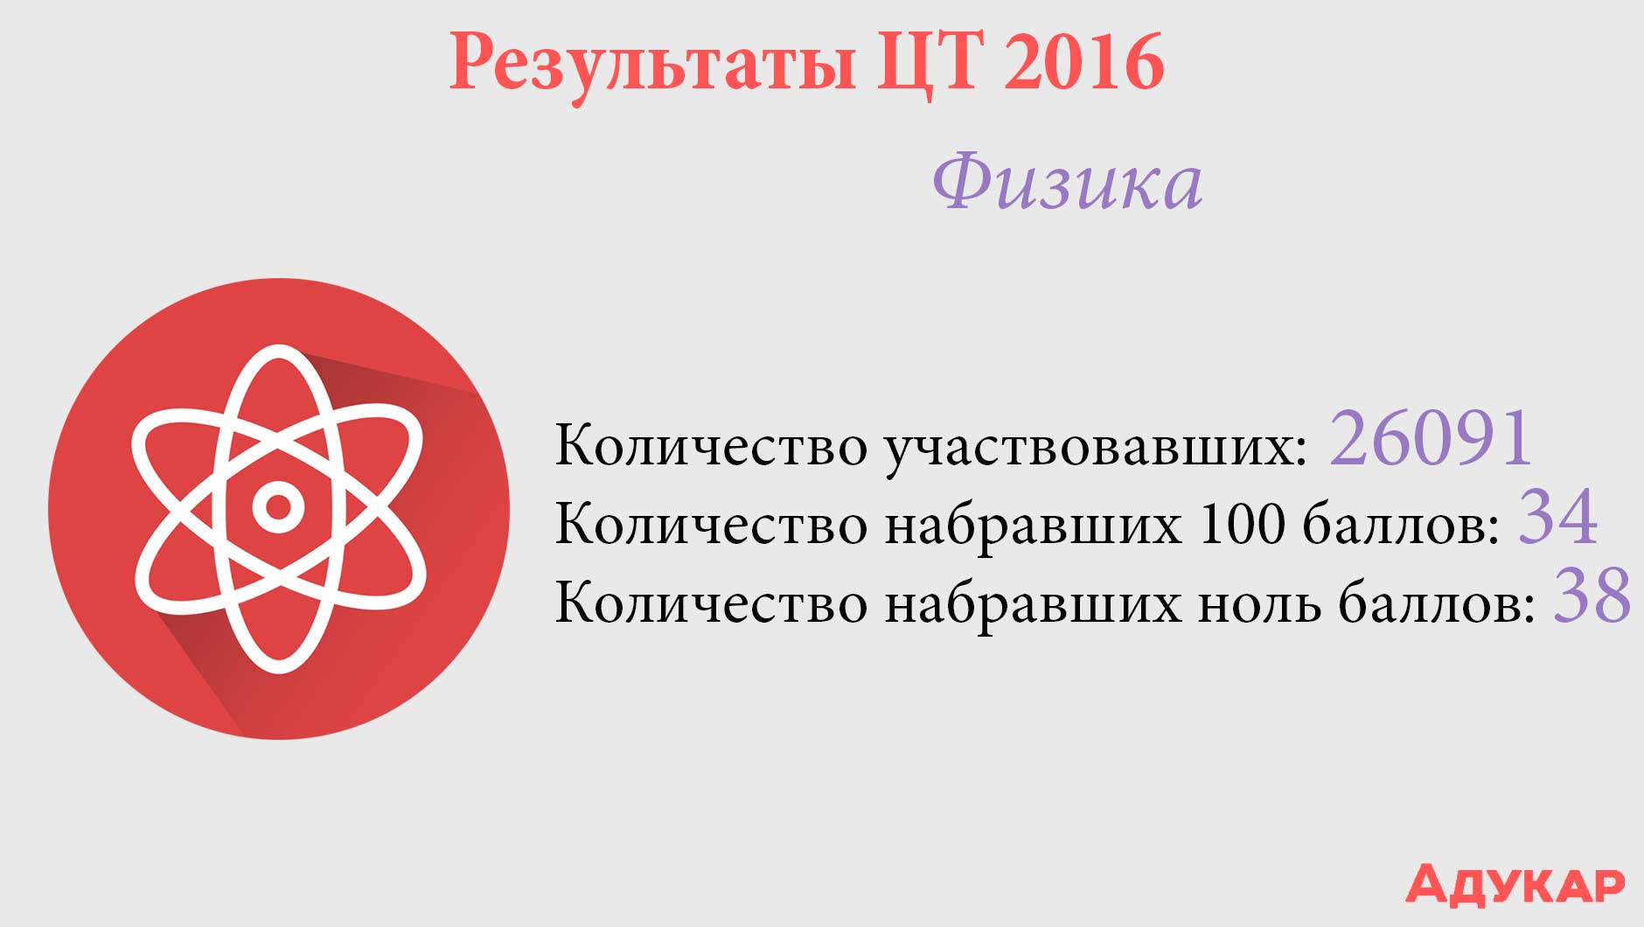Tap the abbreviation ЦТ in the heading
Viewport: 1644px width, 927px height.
[x=930, y=62]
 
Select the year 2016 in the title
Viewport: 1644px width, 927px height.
[x=1083, y=61]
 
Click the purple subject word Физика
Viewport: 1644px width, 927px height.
[x=1068, y=182]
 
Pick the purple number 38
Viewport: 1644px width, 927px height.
[x=1592, y=595]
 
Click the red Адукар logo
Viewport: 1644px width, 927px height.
[x=1515, y=884]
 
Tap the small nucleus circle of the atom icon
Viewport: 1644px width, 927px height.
[x=278, y=507]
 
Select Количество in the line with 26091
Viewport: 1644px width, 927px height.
[x=711, y=446]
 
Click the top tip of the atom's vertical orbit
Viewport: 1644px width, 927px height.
[x=278, y=346]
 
